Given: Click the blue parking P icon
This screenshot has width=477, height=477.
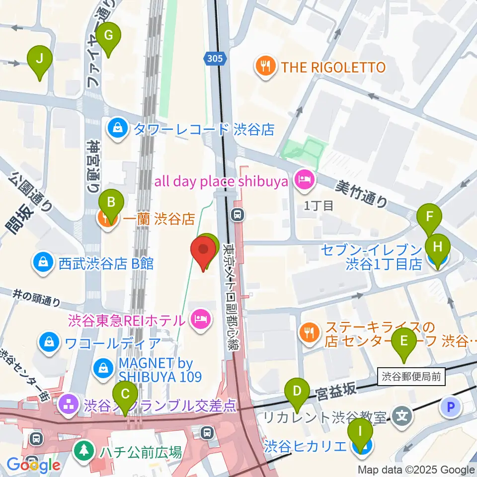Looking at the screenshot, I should (450, 408).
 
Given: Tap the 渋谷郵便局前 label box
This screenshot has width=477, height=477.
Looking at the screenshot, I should (411, 377).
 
